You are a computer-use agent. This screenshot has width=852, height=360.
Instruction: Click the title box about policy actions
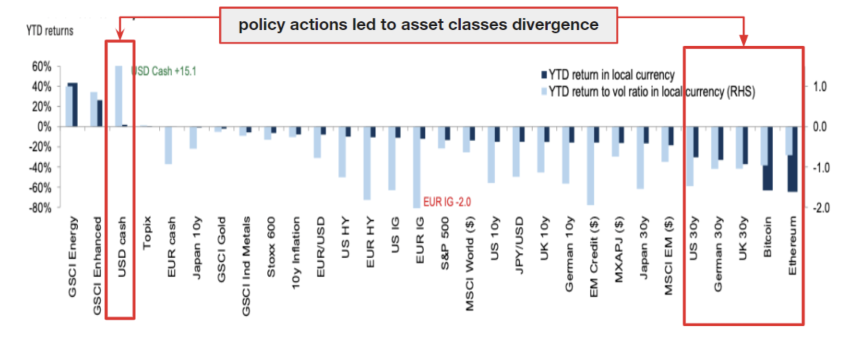click(x=418, y=25)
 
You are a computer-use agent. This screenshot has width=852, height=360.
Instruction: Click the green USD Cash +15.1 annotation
click(x=164, y=71)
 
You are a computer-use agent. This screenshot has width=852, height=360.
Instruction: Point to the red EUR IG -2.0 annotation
click(x=447, y=202)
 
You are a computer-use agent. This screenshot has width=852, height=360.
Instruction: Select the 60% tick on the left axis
click(x=42, y=66)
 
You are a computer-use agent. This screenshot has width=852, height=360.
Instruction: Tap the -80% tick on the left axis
click(x=40, y=208)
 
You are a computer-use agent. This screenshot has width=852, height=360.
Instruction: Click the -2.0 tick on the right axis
click(x=821, y=208)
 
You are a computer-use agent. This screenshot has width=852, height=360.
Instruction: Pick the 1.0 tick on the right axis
click(x=819, y=86)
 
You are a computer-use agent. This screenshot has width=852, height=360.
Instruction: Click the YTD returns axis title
click(x=50, y=31)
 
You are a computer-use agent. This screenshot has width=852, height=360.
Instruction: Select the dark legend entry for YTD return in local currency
click(x=608, y=75)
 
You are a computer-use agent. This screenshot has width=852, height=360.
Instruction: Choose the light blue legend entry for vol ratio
click(x=648, y=91)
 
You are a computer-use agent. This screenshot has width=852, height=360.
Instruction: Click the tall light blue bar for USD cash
click(x=118, y=96)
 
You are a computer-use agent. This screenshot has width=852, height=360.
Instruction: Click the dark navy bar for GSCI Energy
click(x=73, y=104)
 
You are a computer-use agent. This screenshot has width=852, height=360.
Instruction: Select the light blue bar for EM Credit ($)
click(x=591, y=166)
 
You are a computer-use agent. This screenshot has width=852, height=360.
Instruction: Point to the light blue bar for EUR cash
click(x=168, y=145)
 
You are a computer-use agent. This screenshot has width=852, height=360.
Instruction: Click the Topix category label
click(x=147, y=232)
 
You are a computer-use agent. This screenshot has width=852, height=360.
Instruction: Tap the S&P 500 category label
click(x=445, y=243)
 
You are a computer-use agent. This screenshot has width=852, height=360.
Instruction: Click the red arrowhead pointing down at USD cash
click(x=120, y=34)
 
